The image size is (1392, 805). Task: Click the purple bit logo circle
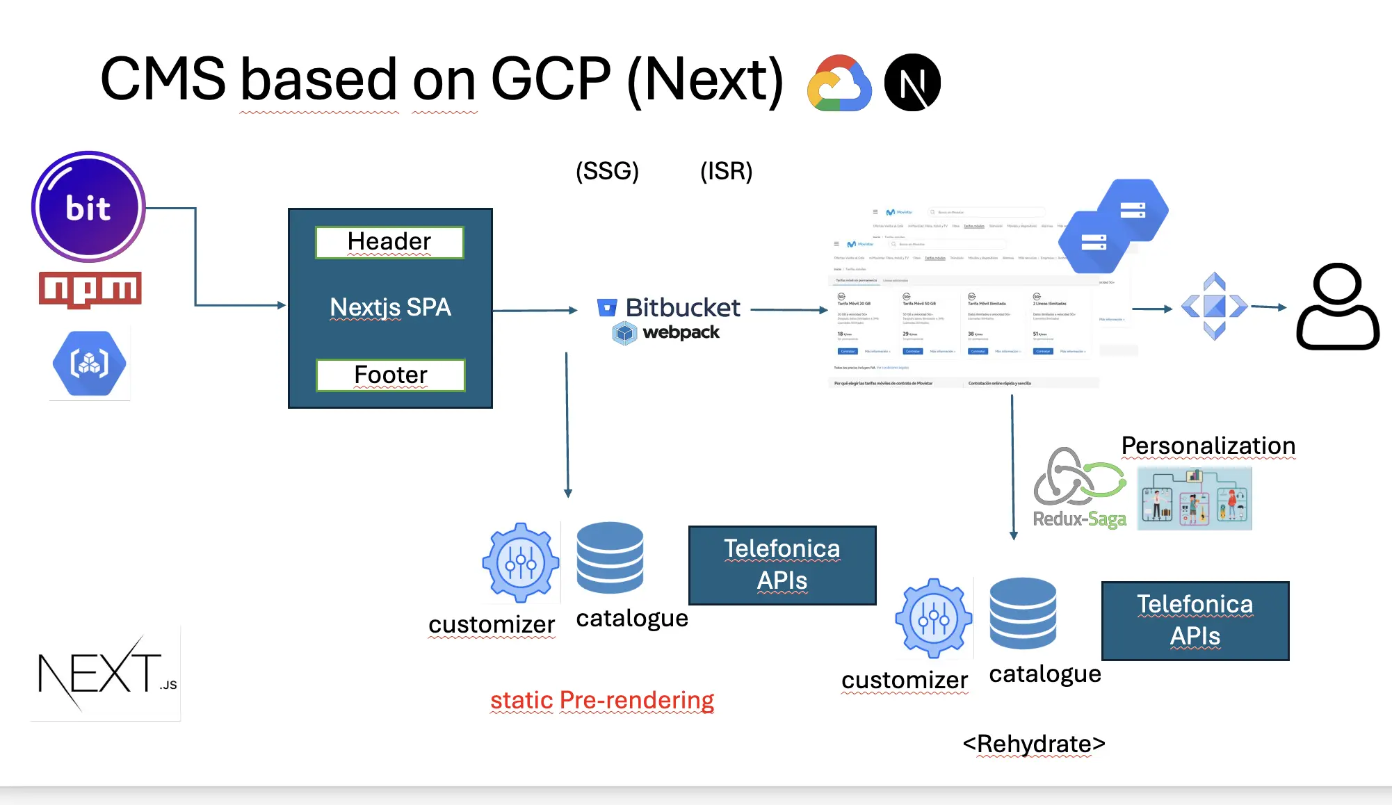[x=88, y=206]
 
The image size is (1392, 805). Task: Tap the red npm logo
[x=90, y=289]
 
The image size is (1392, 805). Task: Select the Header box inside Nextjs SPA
[x=389, y=242]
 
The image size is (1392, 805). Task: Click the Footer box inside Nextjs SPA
[x=390, y=375]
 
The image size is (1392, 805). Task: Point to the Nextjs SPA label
[x=390, y=307]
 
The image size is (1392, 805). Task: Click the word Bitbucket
[x=682, y=307]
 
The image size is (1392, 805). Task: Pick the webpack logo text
[x=681, y=332]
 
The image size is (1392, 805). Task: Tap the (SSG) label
[x=607, y=171]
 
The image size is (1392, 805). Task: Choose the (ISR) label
[x=726, y=171]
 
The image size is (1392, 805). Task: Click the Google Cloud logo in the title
[x=839, y=83]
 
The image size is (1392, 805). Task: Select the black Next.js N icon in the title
[x=912, y=83]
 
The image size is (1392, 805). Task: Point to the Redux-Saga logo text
[x=1079, y=519]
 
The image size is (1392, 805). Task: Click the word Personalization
[x=1208, y=446]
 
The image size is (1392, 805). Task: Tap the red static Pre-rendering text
[x=602, y=700]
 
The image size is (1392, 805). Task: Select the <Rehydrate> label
[x=1034, y=744]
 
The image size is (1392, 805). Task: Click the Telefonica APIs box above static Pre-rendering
[x=782, y=565]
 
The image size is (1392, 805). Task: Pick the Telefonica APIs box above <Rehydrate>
[x=1195, y=621]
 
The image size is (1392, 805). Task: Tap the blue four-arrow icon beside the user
[x=1214, y=306]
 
